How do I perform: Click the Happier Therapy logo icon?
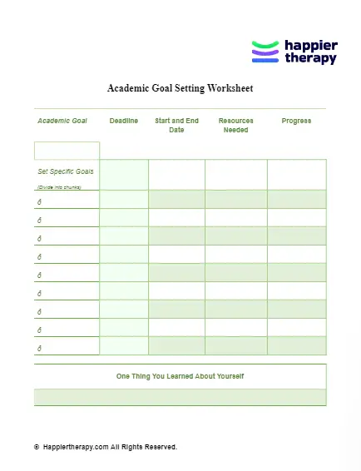(265, 52)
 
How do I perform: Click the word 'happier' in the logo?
(311, 46)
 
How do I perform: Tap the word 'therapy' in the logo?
(310, 59)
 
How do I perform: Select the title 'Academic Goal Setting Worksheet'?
(180, 88)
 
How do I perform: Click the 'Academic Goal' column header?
(62, 121)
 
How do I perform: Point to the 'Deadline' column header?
(124, 121)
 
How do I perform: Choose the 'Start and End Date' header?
(176, 125)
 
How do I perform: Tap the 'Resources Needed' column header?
(235, 125)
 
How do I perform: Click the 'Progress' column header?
(296, 121)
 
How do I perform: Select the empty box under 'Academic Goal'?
(67, 151)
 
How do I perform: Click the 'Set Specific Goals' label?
(66, 171)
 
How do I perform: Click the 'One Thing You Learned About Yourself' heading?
(180, 376)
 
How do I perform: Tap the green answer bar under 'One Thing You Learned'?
(180, 397)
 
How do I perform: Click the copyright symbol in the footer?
(37, 447)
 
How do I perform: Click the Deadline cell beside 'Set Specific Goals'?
(124, 175)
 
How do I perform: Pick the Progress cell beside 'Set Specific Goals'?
(296, 175)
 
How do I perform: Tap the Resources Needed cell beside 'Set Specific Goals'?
(235, 175)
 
